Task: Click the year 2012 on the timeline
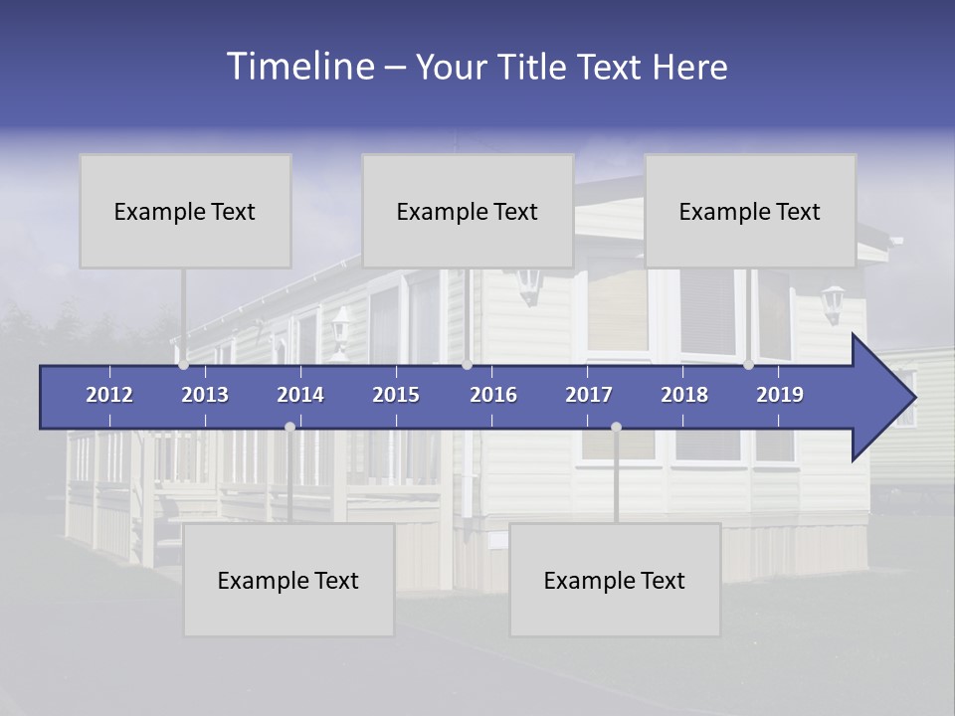[109, 395]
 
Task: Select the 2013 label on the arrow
[205, 395]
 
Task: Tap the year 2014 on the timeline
[300, 395]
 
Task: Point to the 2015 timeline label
[396, 395]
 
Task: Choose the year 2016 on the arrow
[493, 395]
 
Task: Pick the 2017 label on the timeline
[589, 395]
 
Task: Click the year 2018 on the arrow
[684, 395]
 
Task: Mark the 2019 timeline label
[780, 395]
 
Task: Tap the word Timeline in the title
[300, 67]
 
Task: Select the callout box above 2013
[185, 211]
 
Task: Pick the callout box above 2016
[468, 211]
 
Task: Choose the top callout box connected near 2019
[750, 211]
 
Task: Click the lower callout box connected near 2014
[288, 580]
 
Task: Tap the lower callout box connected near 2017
[615, 580]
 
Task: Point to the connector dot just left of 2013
[184, 365]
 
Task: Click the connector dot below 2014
[289, 427]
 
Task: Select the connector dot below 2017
[616, 427]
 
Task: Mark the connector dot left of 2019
[748, 365]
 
